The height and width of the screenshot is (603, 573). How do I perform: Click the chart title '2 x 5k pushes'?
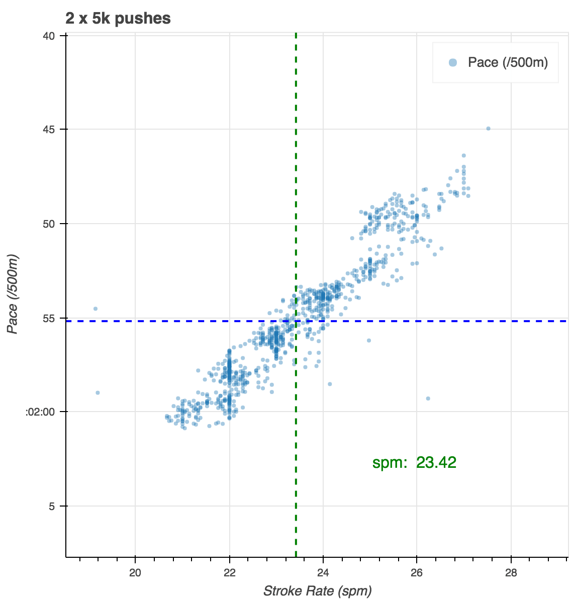click(x=118, y=19)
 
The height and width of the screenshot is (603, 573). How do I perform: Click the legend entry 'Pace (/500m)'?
click(x=508, y=62)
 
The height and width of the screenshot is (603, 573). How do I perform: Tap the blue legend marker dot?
click(x=453, y=62)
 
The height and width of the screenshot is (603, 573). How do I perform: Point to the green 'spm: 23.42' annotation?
click(x=414, y=462)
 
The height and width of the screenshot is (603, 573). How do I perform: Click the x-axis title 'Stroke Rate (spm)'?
click(x=317, y=591)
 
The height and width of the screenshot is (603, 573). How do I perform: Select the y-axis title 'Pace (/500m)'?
click(x=13, y=294)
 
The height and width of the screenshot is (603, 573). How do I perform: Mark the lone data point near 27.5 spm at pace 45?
click(x=488, y=129)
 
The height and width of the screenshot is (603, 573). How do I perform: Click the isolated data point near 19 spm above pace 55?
click(x=95, y=309)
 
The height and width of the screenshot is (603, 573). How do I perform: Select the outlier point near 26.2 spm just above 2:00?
click(x=428, y=398)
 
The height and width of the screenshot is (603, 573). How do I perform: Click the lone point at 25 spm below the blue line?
click(x=368, y=340)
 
